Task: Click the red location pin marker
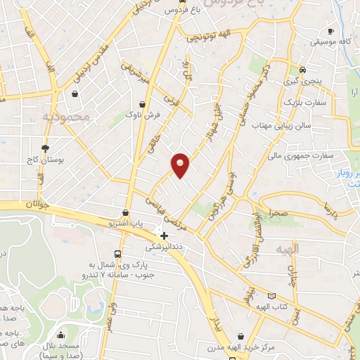click(x=181, y=165)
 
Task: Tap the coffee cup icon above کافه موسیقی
click(x=330, y=31)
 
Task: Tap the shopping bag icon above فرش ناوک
click(x=142, y=103)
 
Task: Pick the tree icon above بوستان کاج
click(x=46, y=148)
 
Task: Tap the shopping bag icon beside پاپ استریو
click(x=126, y=213)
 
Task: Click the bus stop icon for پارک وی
click(x=117, y=253)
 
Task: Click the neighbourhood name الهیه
click(x=307, y=249)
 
